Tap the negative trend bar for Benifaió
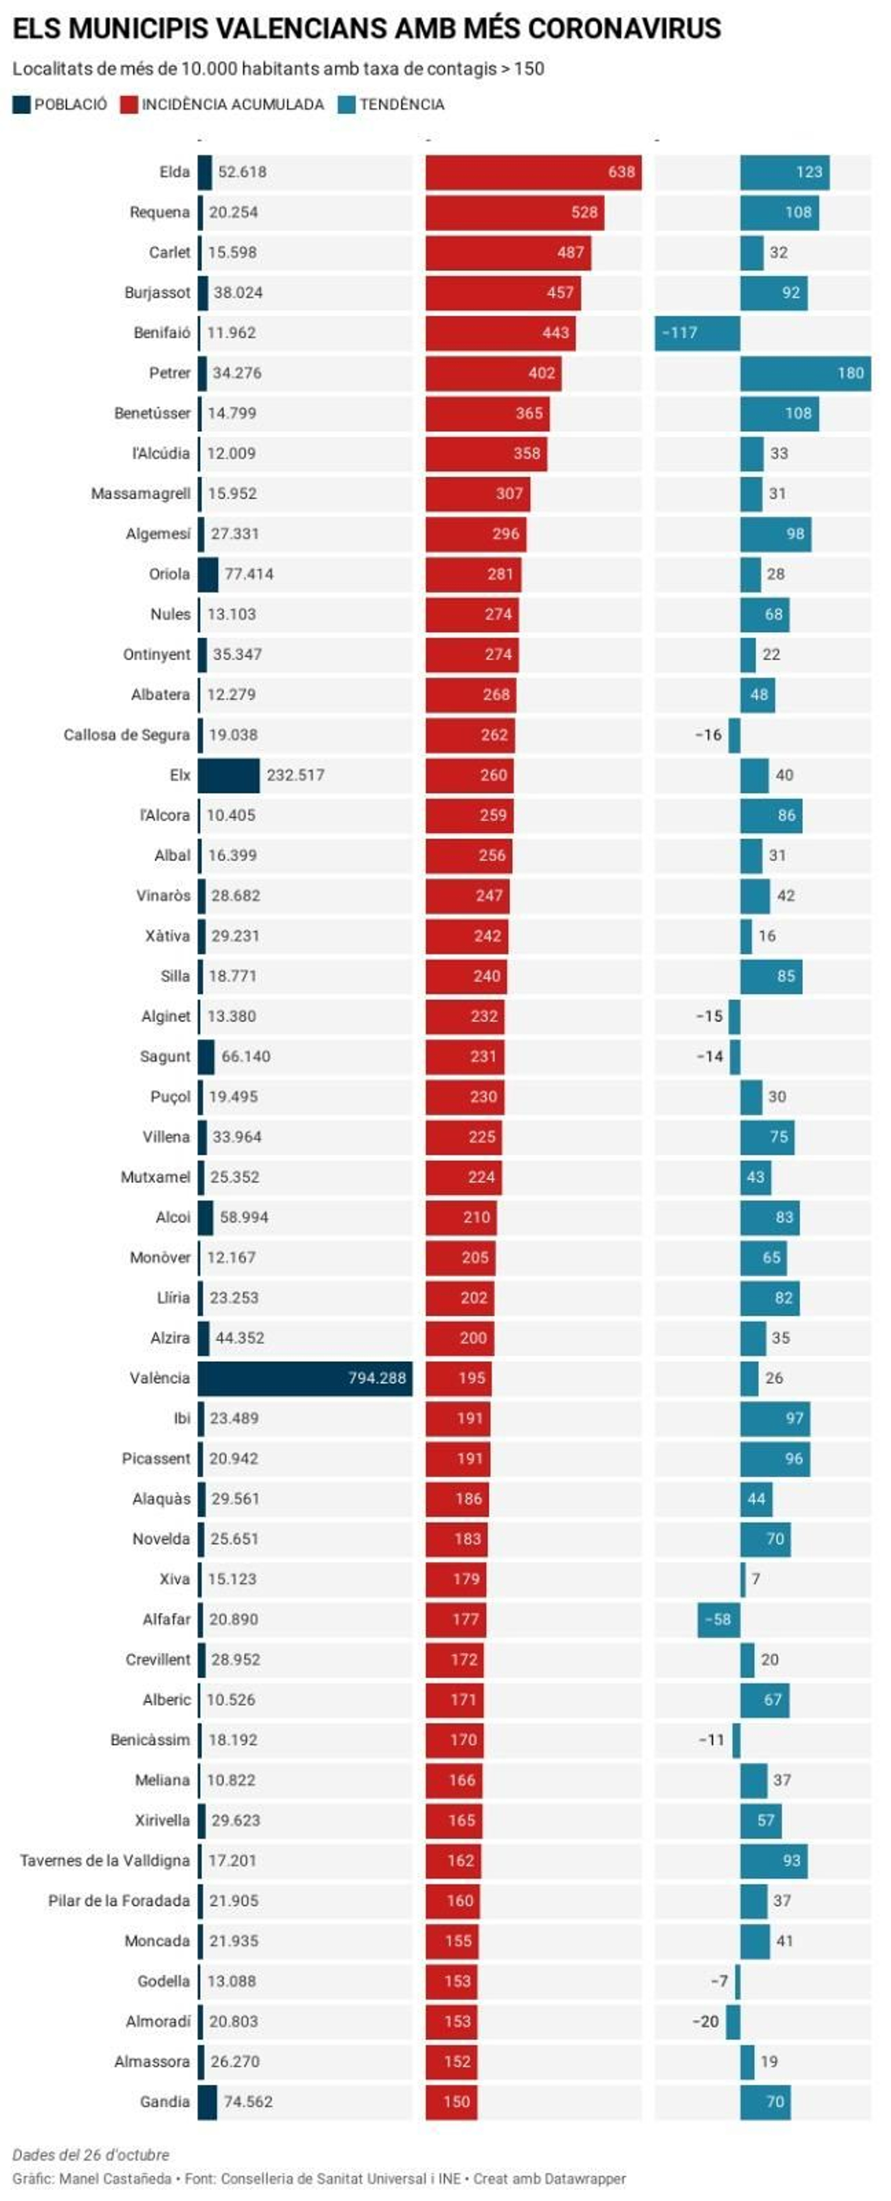point(697,333)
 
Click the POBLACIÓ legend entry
point(60,104)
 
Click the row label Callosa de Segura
point(126,735)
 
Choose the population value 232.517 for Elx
point(296,775)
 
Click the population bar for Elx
point(229,775)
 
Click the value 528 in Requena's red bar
point(584,212)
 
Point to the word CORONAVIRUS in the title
point(624,29)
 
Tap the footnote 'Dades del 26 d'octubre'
point(91,2154)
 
